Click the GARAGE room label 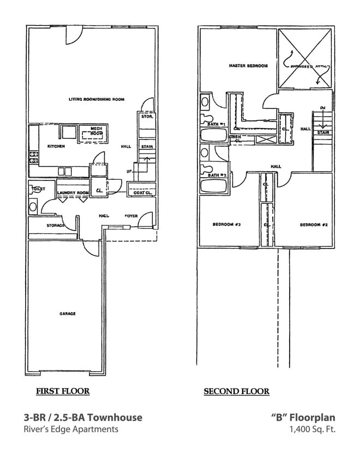(68, 314)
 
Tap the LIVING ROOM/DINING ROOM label (97, 99)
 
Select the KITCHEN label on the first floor (56, 147)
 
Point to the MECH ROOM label (97, 131)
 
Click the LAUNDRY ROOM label (73, 193)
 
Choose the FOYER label (131, 216)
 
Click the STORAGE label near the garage (56, 225)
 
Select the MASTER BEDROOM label (248, 66)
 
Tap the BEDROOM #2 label (313, 225)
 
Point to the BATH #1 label (217, 125)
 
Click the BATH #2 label (217, 175)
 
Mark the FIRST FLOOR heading (63, 391)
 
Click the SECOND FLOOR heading (237, 391)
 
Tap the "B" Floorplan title (303, 417)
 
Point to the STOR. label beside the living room (146, 117)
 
